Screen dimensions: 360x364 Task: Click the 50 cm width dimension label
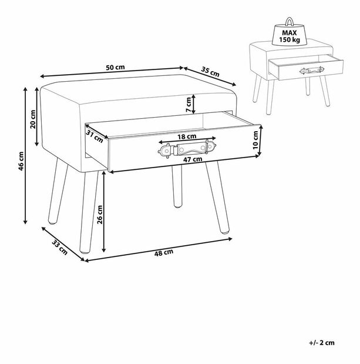click(x=115, y=68)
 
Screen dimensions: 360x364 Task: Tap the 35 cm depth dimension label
click(x=210, y=72)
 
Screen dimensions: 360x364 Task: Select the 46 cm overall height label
click(x=21, y=161)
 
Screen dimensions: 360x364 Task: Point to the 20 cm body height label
click(x=33, y=119)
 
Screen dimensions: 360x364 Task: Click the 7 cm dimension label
click(x=189, y=105)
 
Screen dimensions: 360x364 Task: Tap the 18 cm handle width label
click(x=187, y=136)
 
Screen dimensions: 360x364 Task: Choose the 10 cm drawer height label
click(x=255, y=140)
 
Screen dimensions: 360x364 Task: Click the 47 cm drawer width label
click(x=193, y=159)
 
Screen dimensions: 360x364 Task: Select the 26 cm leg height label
click(x=100, y=214)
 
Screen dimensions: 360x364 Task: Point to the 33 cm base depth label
click(x=59, y=248)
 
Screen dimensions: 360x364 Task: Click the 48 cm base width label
click(x=164, y=253)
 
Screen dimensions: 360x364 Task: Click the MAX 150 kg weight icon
click(x=290, y=32)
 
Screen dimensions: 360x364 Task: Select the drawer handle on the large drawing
click(x=187, y=149)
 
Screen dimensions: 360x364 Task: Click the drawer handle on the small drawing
click(x=312, y=71)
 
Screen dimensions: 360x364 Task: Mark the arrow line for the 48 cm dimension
click(x=159, y=250)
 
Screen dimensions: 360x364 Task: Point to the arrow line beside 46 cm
click(x=25, y=155)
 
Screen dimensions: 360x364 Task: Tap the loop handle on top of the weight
click(x=290, y=22)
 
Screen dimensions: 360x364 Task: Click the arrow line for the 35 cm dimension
click(x=210, y=76)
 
